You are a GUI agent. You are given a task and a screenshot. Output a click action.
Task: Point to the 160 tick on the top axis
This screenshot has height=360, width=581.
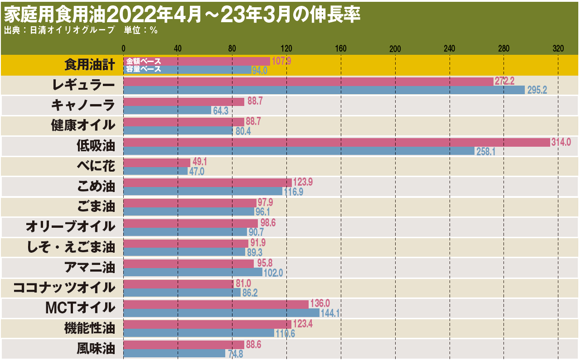(341, 48)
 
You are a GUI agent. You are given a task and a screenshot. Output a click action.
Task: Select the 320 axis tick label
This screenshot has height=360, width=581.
(558, 48)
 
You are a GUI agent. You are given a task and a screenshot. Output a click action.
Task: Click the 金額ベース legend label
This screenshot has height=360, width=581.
(143, 61)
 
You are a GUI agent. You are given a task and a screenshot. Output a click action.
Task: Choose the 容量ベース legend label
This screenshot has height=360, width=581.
(143, 69)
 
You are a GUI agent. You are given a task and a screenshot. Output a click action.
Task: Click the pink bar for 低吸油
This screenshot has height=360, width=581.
(336, 142)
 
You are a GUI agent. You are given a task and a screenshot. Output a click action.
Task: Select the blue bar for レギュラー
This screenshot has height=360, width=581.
(324, 90)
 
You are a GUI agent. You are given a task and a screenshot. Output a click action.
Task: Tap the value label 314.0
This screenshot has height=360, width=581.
(561, 142)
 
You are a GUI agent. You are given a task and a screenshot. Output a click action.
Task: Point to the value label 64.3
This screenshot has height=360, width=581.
(222, 110)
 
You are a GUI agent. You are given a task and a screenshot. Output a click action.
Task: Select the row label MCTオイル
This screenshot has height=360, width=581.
(80, 307)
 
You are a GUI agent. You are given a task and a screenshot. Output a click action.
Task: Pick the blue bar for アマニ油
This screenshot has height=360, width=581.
(193, 272)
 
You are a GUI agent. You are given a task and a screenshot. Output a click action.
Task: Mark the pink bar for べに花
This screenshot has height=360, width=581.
(157, 162)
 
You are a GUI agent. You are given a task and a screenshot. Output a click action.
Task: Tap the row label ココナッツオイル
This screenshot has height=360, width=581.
(64, 287)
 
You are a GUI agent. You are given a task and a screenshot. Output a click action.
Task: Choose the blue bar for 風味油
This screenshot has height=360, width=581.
(174, 353)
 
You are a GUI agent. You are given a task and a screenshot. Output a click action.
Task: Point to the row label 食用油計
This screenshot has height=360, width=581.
(89, 65)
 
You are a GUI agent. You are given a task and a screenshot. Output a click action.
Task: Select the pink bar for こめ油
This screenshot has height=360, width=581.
(208, 182)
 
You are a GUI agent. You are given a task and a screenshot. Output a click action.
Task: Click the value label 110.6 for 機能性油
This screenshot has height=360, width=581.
(285, 333)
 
